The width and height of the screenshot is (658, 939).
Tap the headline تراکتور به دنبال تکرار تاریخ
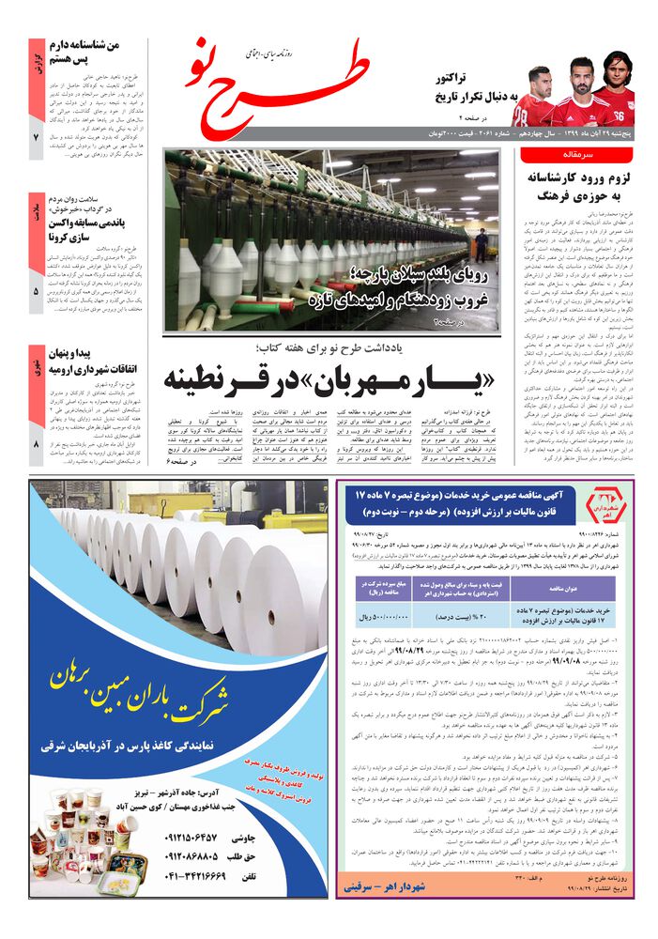tap(469, 89)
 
